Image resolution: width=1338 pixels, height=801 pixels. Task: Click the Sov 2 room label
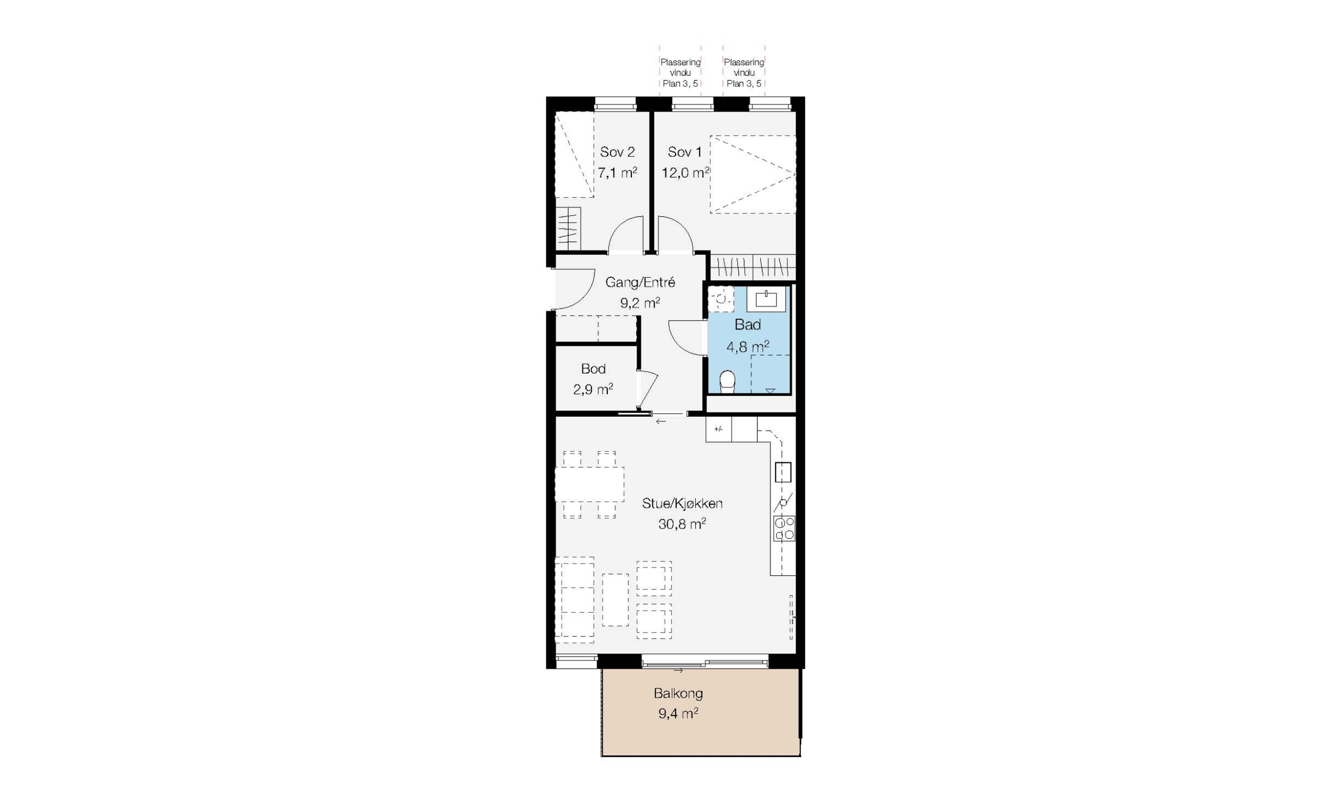[617, 152]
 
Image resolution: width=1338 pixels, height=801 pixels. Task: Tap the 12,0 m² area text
[685, 173]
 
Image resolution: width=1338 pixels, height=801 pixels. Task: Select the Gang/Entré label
[640, 282]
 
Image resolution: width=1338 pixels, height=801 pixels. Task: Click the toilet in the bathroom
[727, 382]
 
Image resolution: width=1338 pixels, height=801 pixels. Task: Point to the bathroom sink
[766, 299]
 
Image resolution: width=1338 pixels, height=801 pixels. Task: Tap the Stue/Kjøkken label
[682, 503]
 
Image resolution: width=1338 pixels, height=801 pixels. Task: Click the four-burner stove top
[784, 529]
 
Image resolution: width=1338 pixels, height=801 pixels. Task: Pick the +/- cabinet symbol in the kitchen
[718, 430]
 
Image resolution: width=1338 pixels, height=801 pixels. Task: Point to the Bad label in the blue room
[747, 325]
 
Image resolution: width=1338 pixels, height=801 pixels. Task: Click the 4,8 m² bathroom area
[747, 347]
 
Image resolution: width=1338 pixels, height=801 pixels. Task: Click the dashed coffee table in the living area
[615, 600]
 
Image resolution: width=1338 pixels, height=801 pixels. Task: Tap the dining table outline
[590, 485]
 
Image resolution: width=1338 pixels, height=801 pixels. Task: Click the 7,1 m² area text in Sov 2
[617, 173]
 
